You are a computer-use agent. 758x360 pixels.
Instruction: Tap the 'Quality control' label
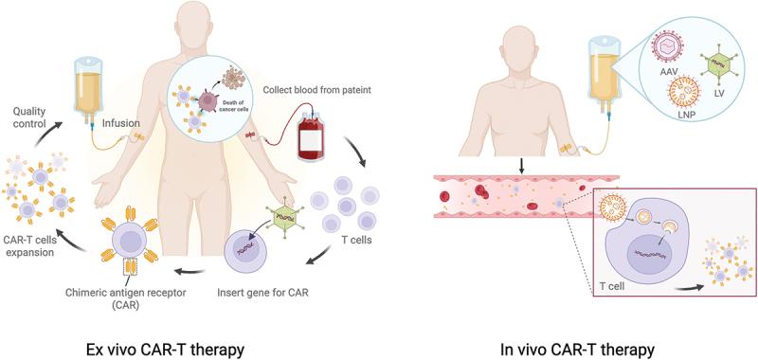click(x=28, y=117)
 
